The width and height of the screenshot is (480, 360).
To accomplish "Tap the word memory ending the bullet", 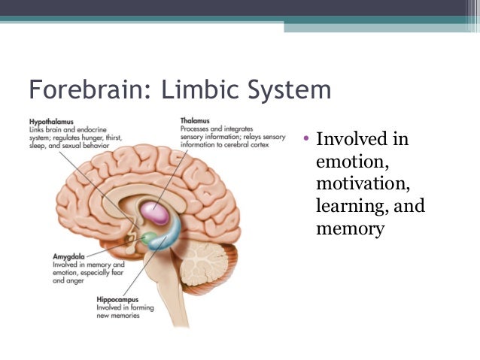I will click(350, 228).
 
